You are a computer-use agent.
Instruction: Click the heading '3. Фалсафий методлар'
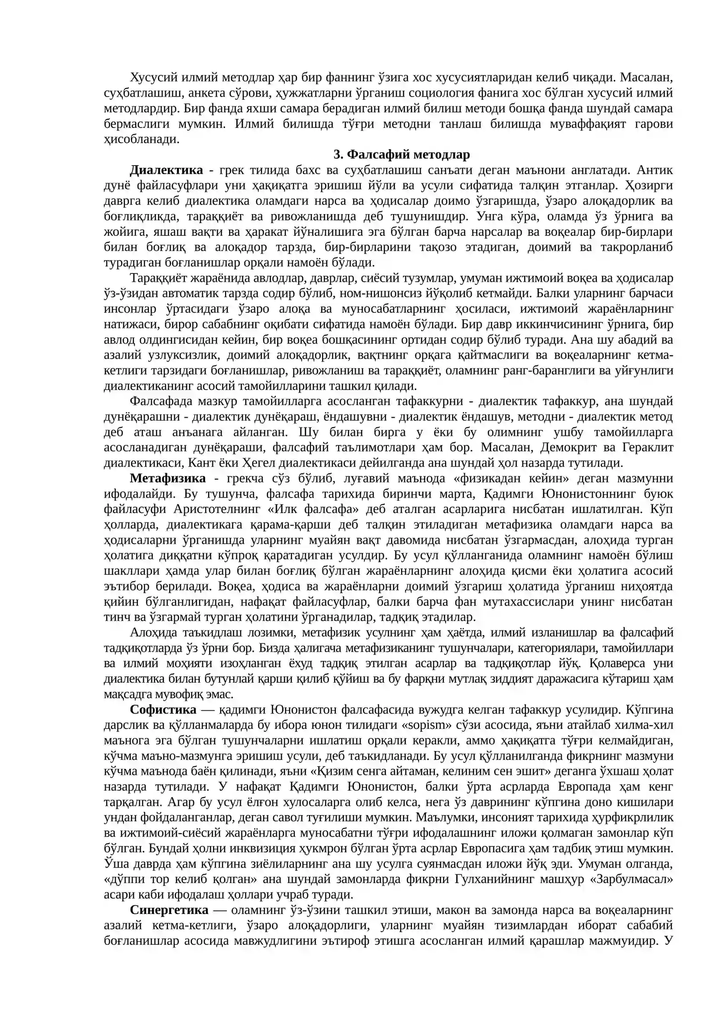click(401, 155)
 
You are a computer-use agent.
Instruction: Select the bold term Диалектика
click(166, 170)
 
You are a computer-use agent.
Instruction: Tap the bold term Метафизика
click(167, 478)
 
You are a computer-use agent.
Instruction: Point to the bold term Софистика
click(163, 709)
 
